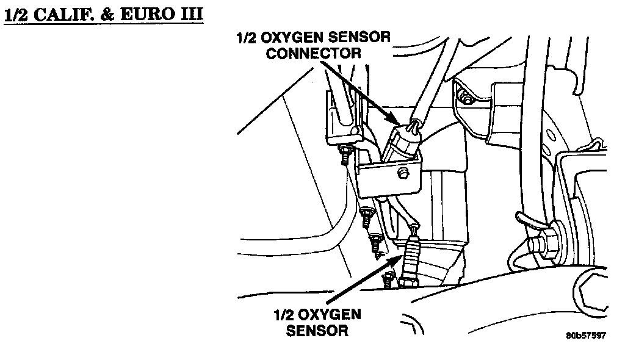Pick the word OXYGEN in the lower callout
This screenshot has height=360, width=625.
331,315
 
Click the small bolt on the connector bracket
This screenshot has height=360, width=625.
402,176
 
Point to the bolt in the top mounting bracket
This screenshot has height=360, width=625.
466,98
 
